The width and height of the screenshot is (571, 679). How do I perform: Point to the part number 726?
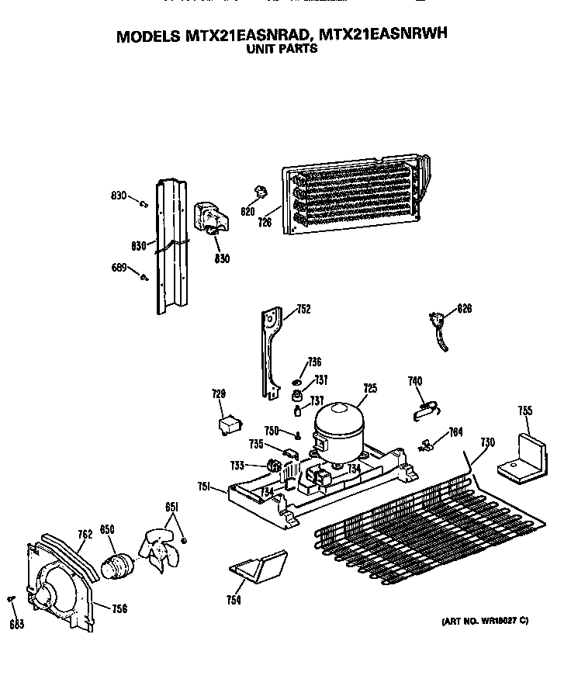[265, 223]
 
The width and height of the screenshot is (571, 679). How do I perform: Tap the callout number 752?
[303, 310]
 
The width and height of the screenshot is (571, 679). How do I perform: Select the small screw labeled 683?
[12, 598]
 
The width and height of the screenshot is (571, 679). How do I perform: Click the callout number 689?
[118, 268]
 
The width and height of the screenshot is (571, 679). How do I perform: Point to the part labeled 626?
[439, 326]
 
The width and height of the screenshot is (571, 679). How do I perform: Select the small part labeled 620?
[259, 193]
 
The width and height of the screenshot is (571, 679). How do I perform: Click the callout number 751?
[203, 487]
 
